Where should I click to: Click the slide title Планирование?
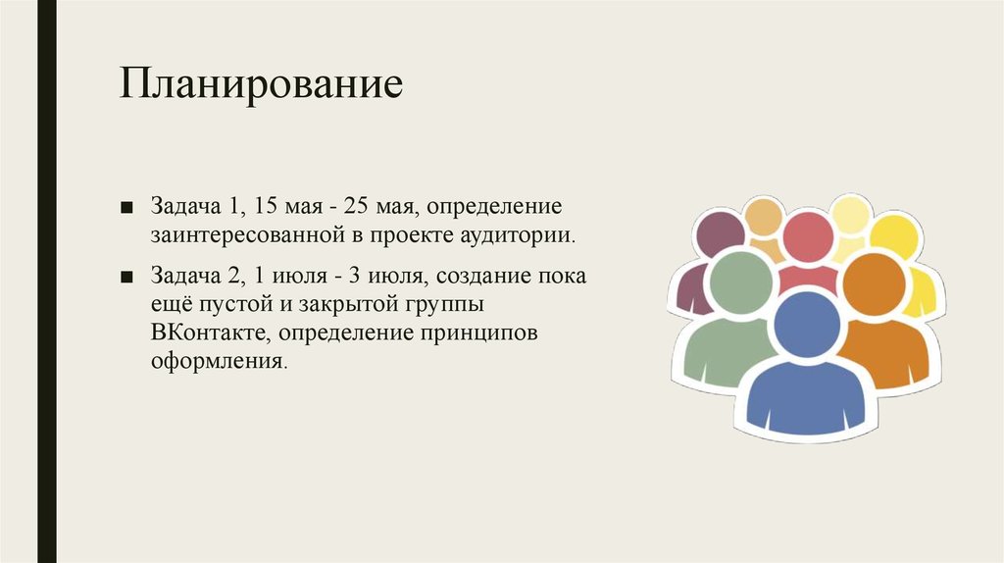(x=261, y=84)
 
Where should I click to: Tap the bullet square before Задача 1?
(x=126, y=208)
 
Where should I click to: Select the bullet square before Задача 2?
(x=126, y=277)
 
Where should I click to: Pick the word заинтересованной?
(x=250, y=235)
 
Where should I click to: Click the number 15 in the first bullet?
(x=267, y=206)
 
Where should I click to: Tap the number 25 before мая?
(x=356, y=206)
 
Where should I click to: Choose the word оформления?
(x=219, y=361)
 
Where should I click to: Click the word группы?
(x=444, y=306)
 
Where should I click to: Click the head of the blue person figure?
(x=808, y=324)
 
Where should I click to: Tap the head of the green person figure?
(x=741, y=282)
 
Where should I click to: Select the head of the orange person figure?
(x=875, y=283)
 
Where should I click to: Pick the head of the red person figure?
(x=808, y=237)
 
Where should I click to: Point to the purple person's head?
(x=721, y=234)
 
